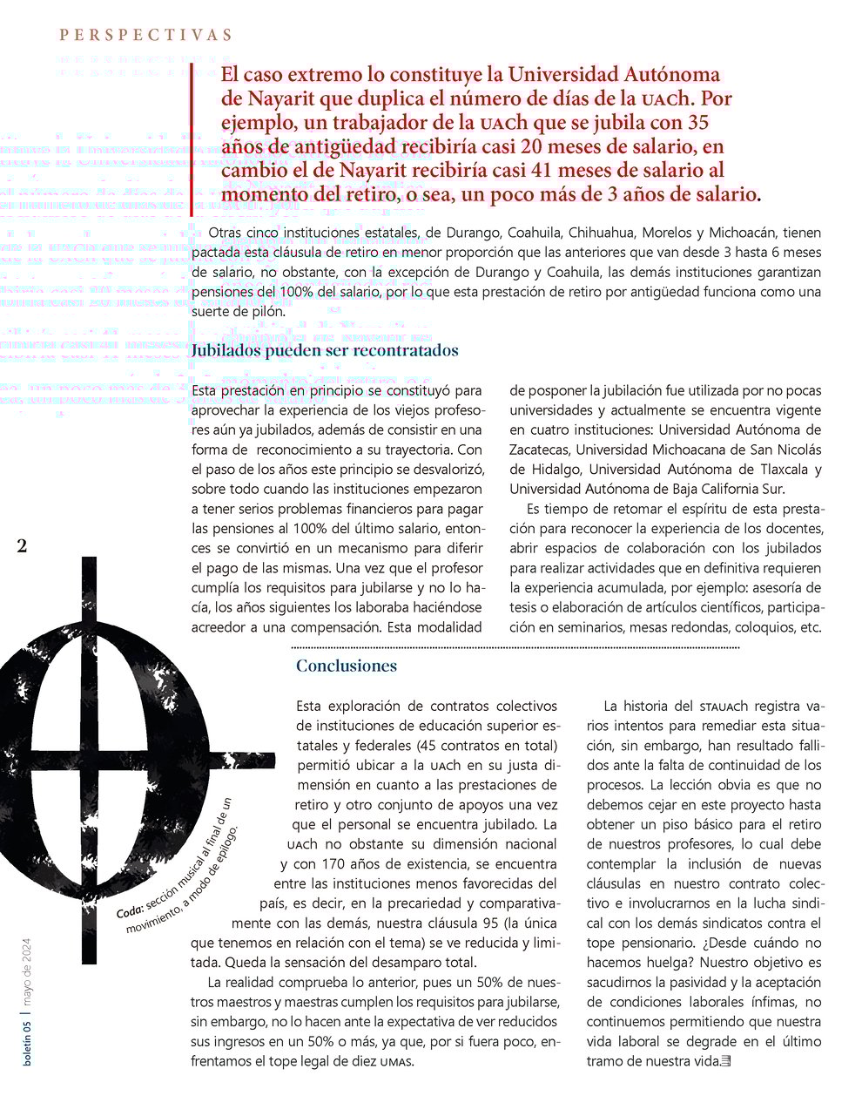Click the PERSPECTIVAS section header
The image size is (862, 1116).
click(145, 35)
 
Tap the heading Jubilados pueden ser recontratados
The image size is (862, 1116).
click(325, 351)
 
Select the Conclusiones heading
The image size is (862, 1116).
click(347, 666)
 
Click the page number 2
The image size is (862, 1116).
click(22, 546)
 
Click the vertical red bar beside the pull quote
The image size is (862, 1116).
click(192, 139)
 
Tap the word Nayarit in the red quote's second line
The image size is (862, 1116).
click(277, 98)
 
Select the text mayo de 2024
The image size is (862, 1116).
click(28, 971)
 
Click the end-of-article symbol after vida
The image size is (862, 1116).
click(727, 1061)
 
